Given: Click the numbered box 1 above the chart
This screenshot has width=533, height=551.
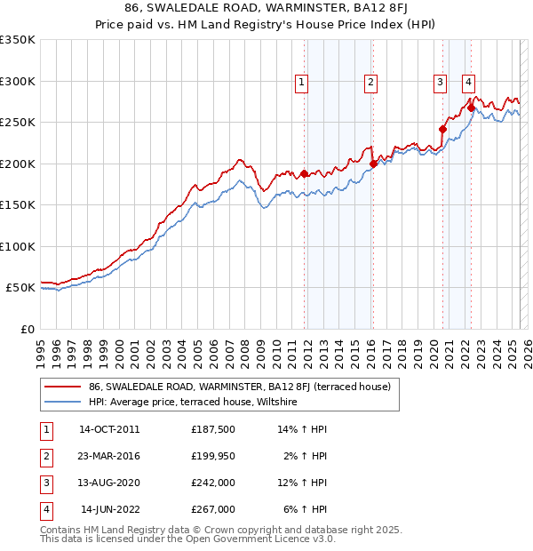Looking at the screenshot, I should point(302,83).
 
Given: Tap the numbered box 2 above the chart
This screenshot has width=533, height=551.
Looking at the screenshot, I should point(370,83).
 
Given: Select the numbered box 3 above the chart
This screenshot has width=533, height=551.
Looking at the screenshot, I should point(440,83).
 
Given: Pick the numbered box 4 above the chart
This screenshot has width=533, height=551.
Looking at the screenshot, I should point(467,83).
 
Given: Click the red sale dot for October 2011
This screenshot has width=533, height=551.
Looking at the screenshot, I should point(305,174).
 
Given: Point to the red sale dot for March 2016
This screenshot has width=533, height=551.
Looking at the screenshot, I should point(373,164).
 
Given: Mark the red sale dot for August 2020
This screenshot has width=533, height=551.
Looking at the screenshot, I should point(442,129).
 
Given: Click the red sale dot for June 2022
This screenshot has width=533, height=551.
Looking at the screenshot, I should point(471,108).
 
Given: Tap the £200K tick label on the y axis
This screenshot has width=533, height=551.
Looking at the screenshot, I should point(18,164).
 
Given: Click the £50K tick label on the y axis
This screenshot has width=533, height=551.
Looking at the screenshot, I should point(21,288).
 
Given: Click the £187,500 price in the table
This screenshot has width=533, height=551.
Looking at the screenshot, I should point(213,429).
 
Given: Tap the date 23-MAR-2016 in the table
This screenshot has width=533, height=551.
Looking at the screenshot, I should point(109,456).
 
